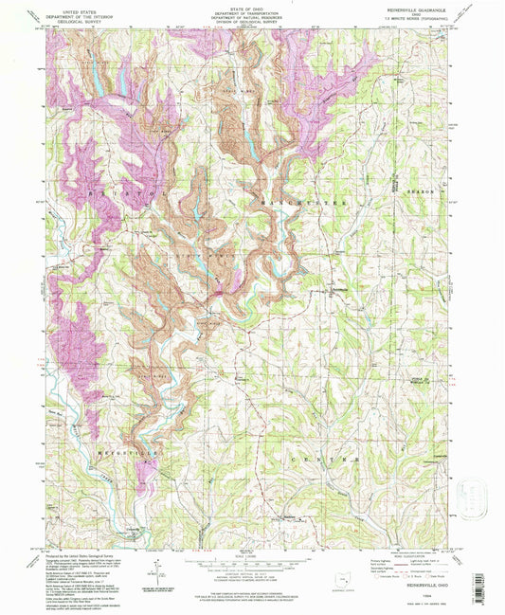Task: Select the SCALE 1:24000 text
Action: click(x=252, y=555)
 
